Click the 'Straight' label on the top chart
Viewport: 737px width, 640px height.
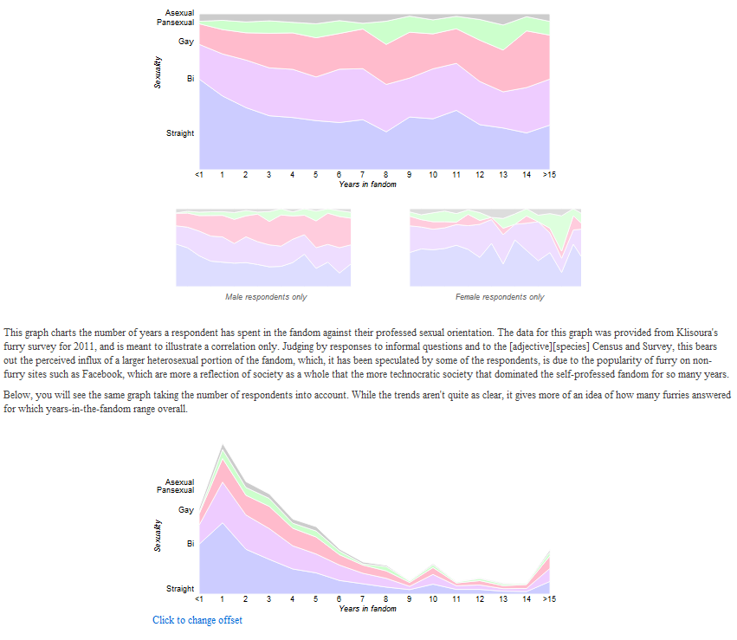pos(180,133)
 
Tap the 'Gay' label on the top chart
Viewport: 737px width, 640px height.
pos(186,41)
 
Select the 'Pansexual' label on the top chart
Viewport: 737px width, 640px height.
pos(175,23)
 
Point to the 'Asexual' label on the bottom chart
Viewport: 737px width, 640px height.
pos(179,482)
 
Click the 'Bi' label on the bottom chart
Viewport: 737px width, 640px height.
pos(190,544)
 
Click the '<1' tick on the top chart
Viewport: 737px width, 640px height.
pos(199,175)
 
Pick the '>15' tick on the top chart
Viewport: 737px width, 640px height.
pos(549,175)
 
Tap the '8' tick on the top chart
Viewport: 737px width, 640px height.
pos(386,175)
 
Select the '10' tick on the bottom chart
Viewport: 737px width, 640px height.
pos(433,598)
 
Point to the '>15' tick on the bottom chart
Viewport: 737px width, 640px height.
pos(549,598)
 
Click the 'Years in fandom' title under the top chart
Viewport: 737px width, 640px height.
pos(367,184)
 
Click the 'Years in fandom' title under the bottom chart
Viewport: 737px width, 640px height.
pos(367,609)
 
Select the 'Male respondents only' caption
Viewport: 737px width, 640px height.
pos(266,297)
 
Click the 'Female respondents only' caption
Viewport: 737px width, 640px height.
pos(500,297)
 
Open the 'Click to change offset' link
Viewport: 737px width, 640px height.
pos(197,620)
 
